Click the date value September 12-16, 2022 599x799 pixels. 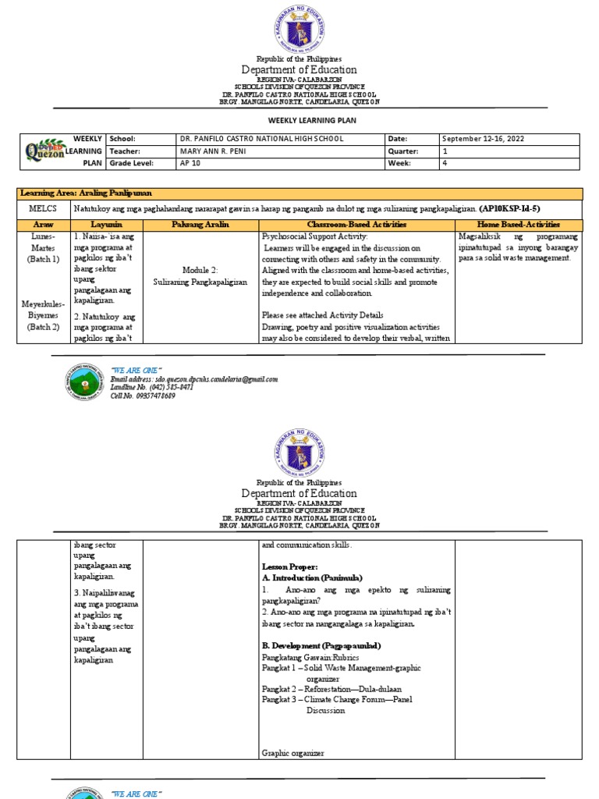click(484, 139)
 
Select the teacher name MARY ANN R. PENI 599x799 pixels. click(212, 151)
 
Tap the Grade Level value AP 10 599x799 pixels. click(190, 164)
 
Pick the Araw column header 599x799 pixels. click(43, 224)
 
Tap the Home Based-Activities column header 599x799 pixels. click(518, 224)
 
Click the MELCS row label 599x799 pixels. click(43, 208)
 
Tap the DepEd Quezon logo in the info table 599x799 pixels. click(45, 151)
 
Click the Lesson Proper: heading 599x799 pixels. click(289, 566)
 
